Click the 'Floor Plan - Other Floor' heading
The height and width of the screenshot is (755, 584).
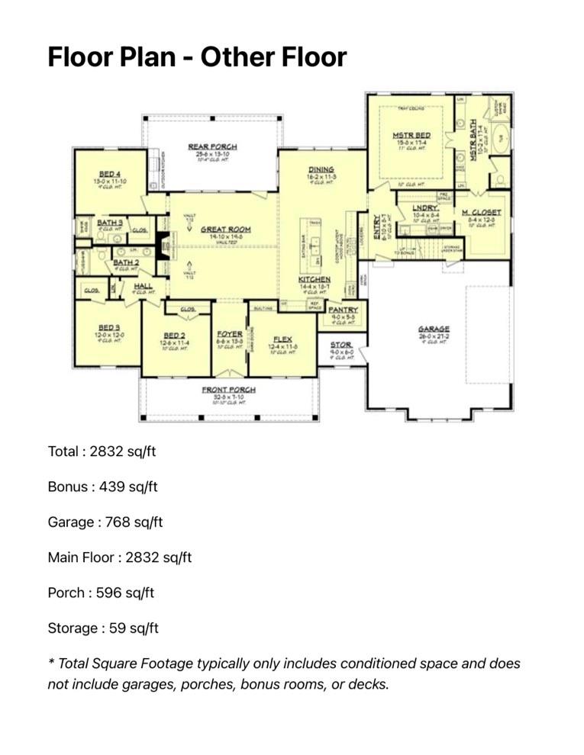coord(197,56)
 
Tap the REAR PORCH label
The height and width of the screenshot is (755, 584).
coord(212,146)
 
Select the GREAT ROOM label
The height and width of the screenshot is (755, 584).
coord(225,229)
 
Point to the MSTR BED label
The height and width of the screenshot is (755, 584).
coord(411,135)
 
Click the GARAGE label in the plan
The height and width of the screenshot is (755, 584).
coord(433,329)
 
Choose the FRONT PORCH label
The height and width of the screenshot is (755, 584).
coord(228,390)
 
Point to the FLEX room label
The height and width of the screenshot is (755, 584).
coord(282,339)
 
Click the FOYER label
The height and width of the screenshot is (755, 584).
coord(229,334)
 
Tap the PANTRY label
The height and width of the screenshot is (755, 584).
coord(343,310)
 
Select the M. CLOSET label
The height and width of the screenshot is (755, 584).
coord(481,212)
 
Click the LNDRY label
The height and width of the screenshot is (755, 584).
coord(425,207)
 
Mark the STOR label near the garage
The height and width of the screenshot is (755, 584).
coord(340,345)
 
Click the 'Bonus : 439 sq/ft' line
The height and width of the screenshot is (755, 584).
coord(102,487)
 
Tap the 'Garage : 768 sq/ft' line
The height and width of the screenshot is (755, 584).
coord(105,522)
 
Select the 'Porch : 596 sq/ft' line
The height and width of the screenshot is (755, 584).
coord(101,593)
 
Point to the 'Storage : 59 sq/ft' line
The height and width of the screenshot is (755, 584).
coord(103,628)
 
